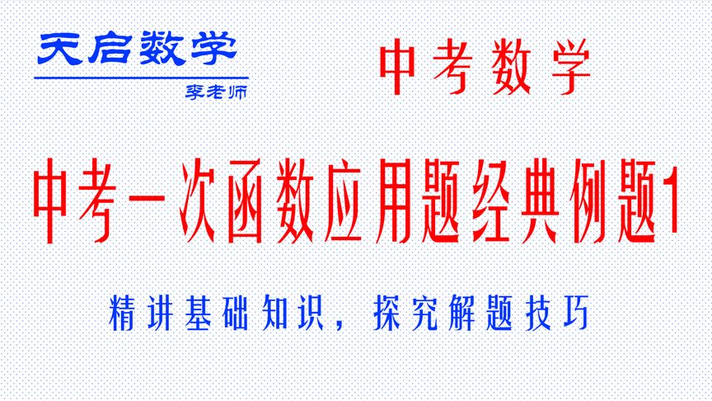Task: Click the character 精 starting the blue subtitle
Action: coord(122,314)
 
